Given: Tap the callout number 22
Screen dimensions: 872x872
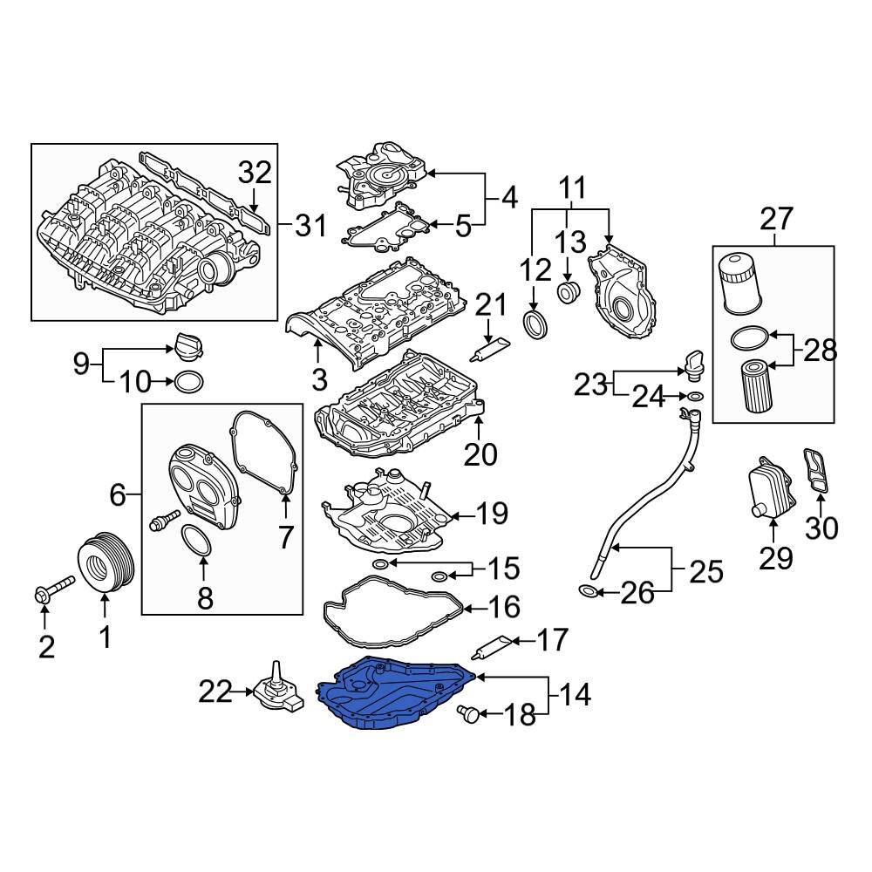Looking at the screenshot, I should [215, 693].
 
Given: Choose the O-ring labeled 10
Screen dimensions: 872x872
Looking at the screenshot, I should [190, 381].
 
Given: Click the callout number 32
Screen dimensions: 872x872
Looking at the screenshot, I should [255, 174].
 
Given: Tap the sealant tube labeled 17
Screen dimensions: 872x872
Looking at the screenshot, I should [491, 648].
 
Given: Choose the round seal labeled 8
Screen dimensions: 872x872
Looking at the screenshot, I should [199, 541].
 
